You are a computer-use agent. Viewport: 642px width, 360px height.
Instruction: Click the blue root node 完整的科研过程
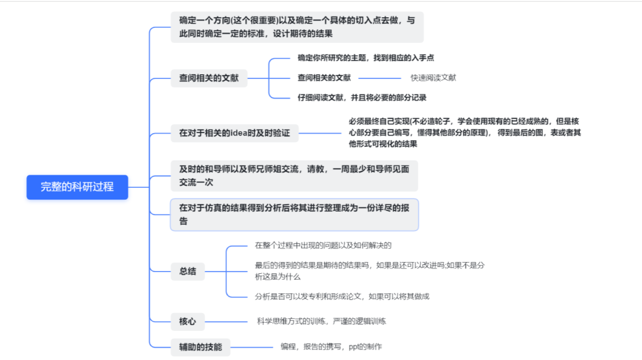click(x=77, y=187)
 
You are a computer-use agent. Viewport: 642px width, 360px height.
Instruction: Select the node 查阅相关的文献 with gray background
click(x=209, y=78)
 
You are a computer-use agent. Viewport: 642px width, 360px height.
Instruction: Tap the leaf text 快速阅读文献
click(x=433, y=78)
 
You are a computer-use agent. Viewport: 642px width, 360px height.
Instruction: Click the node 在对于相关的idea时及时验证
click(x=234, y=133)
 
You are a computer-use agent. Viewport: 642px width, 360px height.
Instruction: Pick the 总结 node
click(x=187, y=271)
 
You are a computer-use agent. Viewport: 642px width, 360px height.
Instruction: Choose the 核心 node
click(x=187, y=322)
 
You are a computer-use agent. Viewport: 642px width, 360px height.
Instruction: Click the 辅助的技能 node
click(x=200, y=346)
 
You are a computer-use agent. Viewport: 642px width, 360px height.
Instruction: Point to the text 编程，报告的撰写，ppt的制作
click(x=331, y=346)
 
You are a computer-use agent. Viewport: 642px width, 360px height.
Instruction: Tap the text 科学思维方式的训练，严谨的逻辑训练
click(x=322, y=321)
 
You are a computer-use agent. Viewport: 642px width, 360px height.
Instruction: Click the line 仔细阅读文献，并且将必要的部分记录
click(x=362, y=97)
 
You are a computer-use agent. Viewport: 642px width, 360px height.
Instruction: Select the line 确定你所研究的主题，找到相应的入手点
click(x=366, y=58)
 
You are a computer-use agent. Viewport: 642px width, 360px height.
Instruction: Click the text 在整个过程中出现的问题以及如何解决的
click(x=323, y=245)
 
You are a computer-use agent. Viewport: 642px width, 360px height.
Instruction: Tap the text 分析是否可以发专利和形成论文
click(x=342, y=296)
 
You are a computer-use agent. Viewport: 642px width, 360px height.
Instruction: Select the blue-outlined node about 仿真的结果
click(x=294, y=214)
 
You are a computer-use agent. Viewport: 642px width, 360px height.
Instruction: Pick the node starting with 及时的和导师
click(x=294, y=175)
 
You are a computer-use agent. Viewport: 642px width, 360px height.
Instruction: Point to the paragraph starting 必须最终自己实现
click(x=464, y=132)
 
